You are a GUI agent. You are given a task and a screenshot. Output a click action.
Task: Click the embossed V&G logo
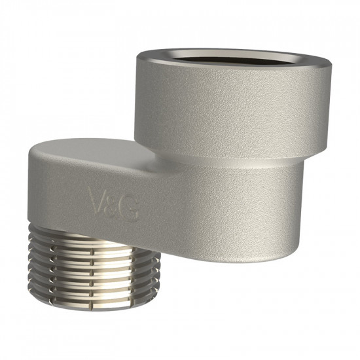[115, 201]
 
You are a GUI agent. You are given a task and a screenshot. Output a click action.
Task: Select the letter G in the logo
[132, 209]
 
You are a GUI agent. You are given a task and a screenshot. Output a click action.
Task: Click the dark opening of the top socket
[232, 60]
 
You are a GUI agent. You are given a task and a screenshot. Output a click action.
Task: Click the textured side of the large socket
[232, 108]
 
